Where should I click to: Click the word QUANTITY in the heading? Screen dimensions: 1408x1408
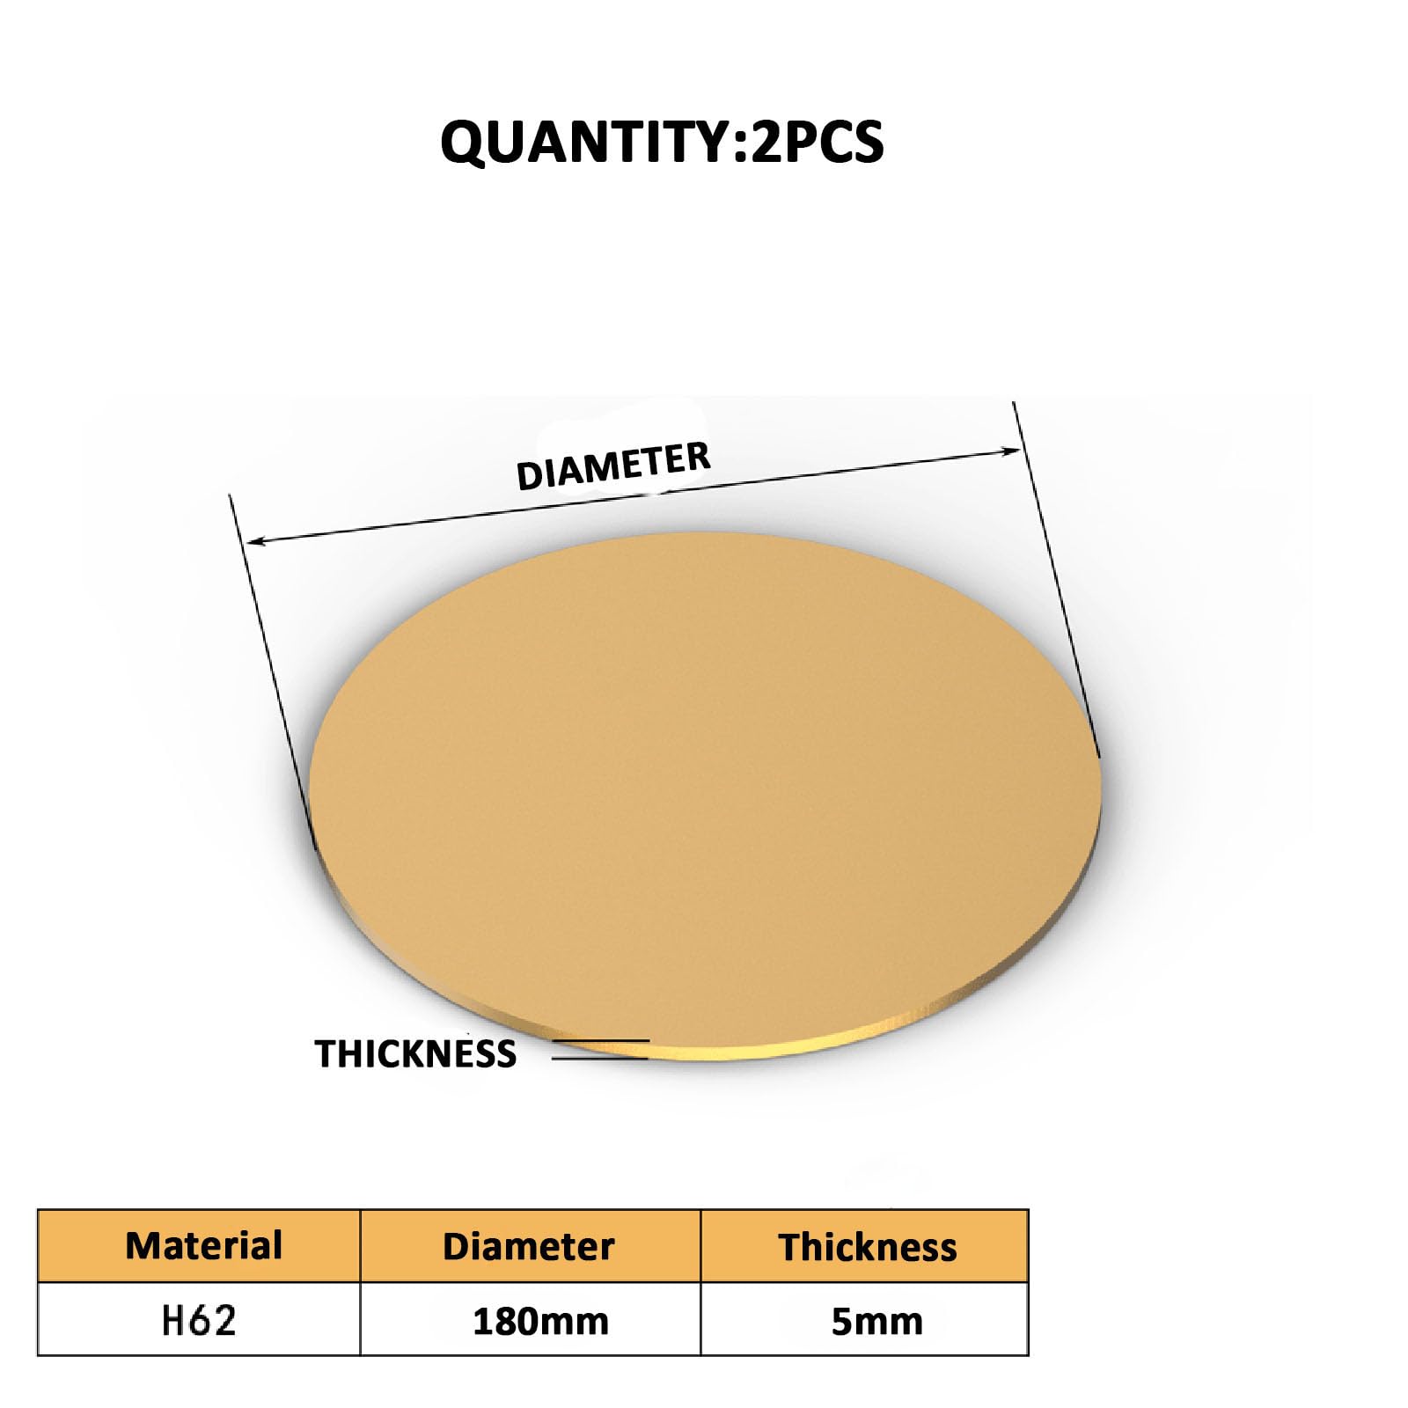point(584,143)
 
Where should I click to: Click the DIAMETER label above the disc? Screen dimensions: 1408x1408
point(612,466)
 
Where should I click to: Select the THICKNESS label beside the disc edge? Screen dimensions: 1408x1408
point(415,1054)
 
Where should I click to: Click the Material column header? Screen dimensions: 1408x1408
point(203,1246)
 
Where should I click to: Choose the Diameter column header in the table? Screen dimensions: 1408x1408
point(528,1247)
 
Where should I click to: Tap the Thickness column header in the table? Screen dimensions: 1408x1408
point(867,1248)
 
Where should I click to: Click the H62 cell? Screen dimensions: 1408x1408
point(199,1321)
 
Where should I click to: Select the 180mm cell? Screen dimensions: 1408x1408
point(540,1322)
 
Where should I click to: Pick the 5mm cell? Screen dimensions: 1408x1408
point(876,1322)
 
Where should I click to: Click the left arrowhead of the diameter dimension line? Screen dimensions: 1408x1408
point(254,542)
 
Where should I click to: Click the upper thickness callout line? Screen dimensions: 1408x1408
point(601,1042)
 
